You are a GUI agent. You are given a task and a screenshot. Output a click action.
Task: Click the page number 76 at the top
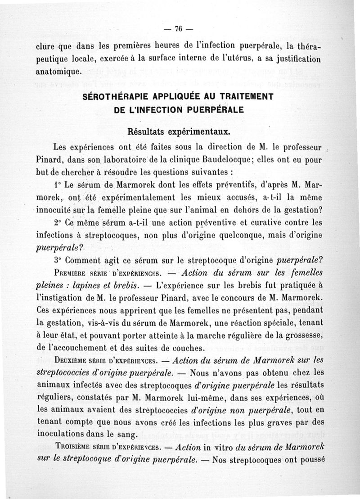pos(178,29)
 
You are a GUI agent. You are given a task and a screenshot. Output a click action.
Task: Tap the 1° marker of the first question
pos(56,185)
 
